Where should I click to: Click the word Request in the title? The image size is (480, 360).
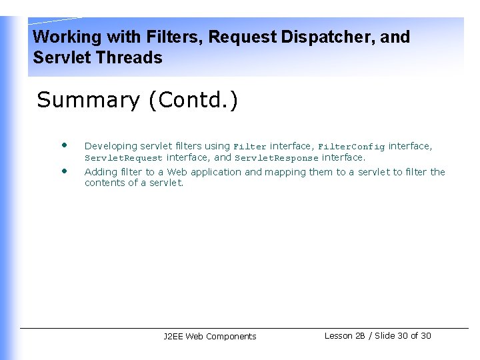tap(243, 37)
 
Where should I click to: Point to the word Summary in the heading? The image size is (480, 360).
tap(89, 100)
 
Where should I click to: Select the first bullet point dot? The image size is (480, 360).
tap(64, 145)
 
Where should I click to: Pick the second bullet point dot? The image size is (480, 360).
tap(64, 171)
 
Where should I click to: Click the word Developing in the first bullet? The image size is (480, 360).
tap(111, 146)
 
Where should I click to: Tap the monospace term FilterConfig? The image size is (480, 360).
tap(351, 147)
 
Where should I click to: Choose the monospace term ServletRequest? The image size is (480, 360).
tap(123, 159)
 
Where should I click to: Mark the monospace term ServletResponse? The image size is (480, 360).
tap(276, 159)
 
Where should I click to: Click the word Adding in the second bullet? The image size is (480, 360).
tap(100, 172)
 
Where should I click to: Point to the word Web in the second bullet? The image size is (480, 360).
tap(177, 172)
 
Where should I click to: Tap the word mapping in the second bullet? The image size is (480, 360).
tap(285, 172)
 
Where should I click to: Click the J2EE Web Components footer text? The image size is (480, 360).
tap(209, 337)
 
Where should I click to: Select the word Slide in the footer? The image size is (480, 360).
tap(385, 336)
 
